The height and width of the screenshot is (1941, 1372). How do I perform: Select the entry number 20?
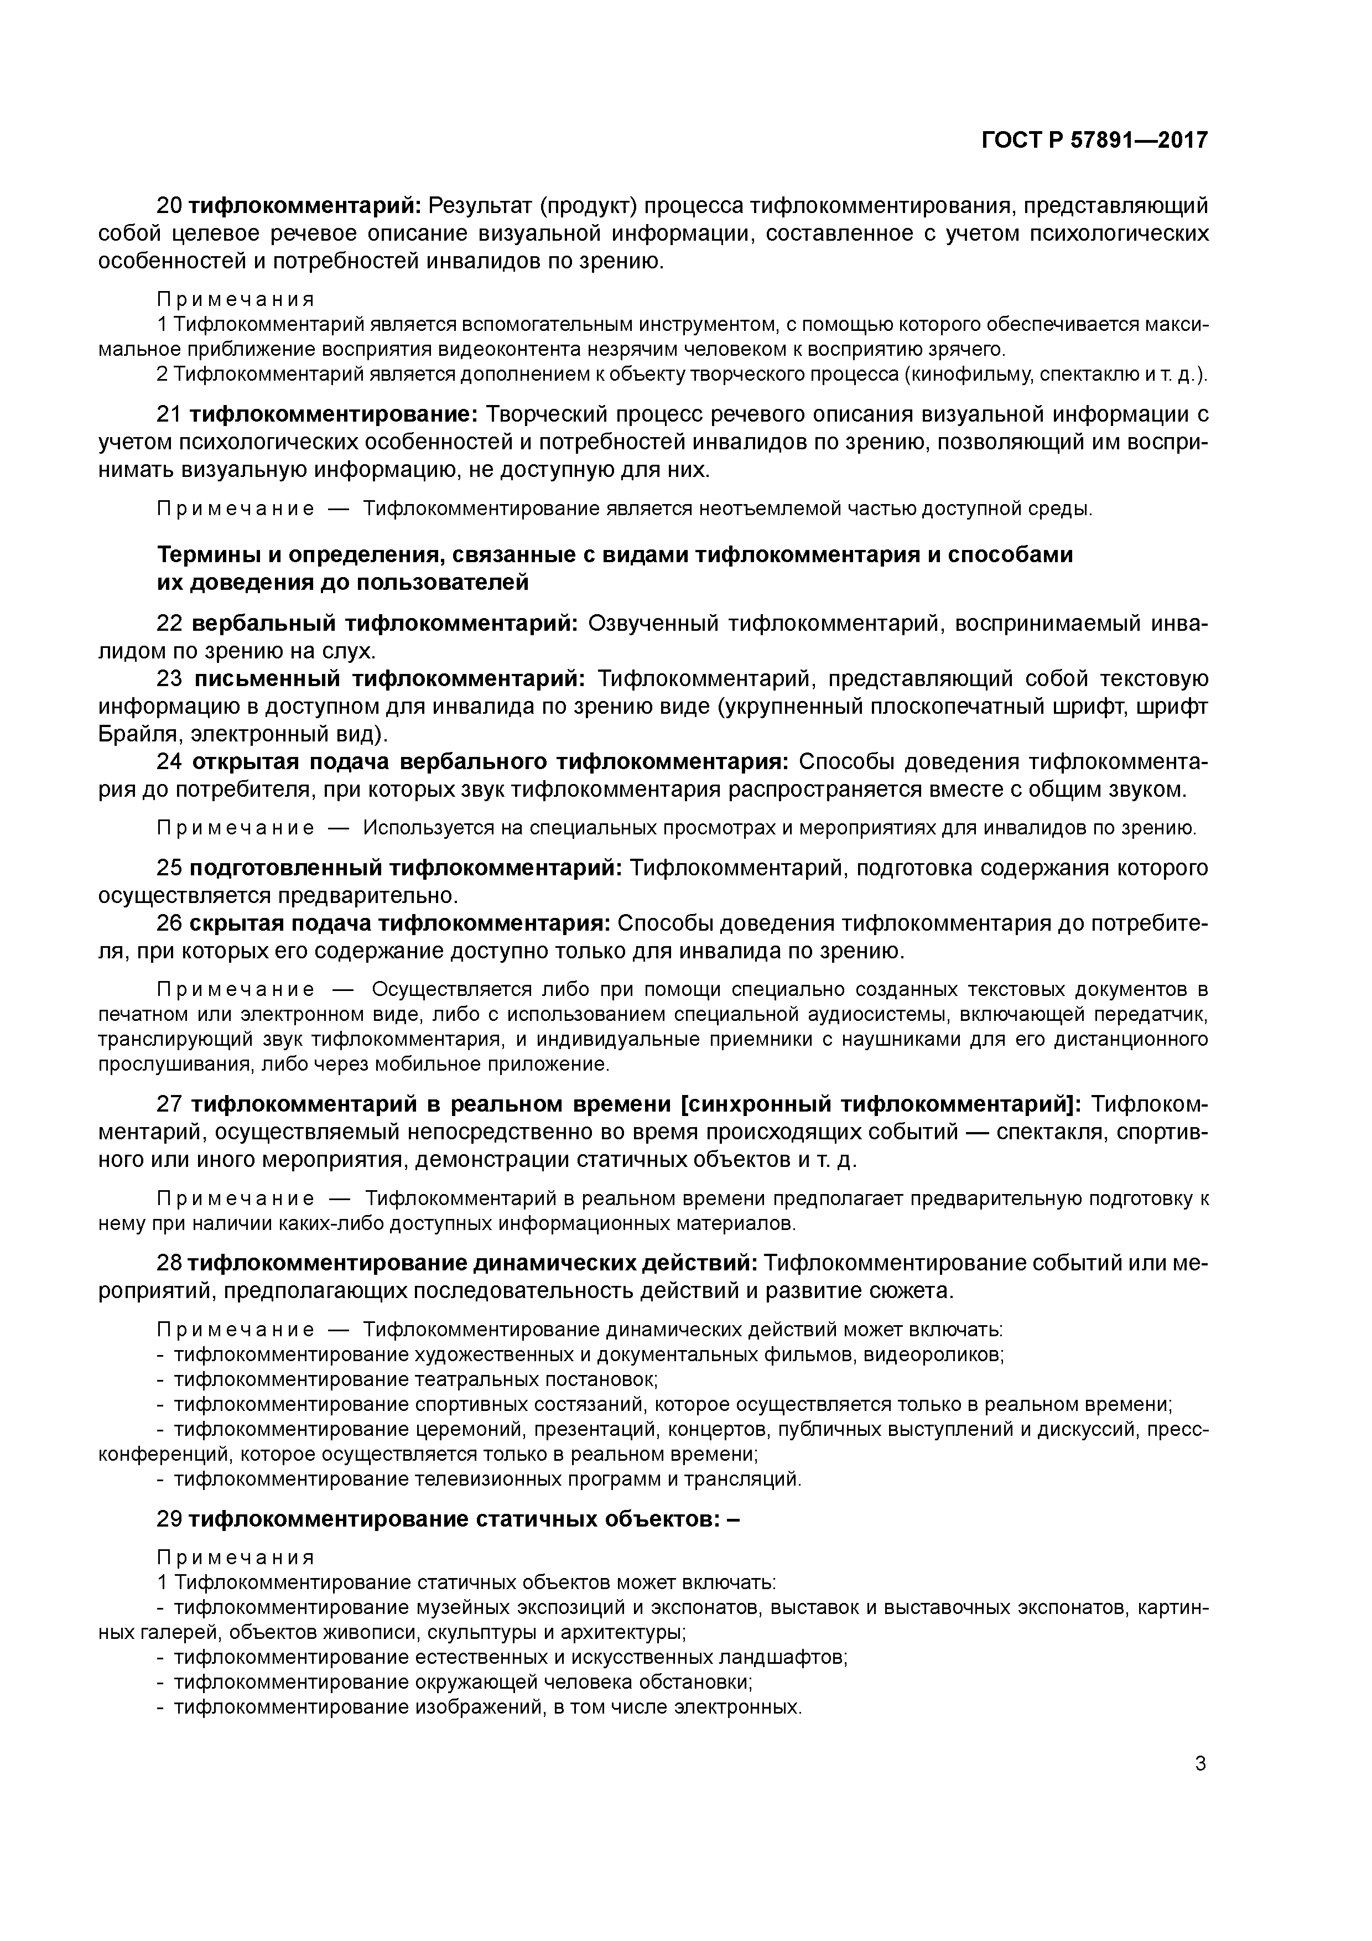[169, 205]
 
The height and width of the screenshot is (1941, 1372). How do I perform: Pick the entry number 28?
[169, 1263]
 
